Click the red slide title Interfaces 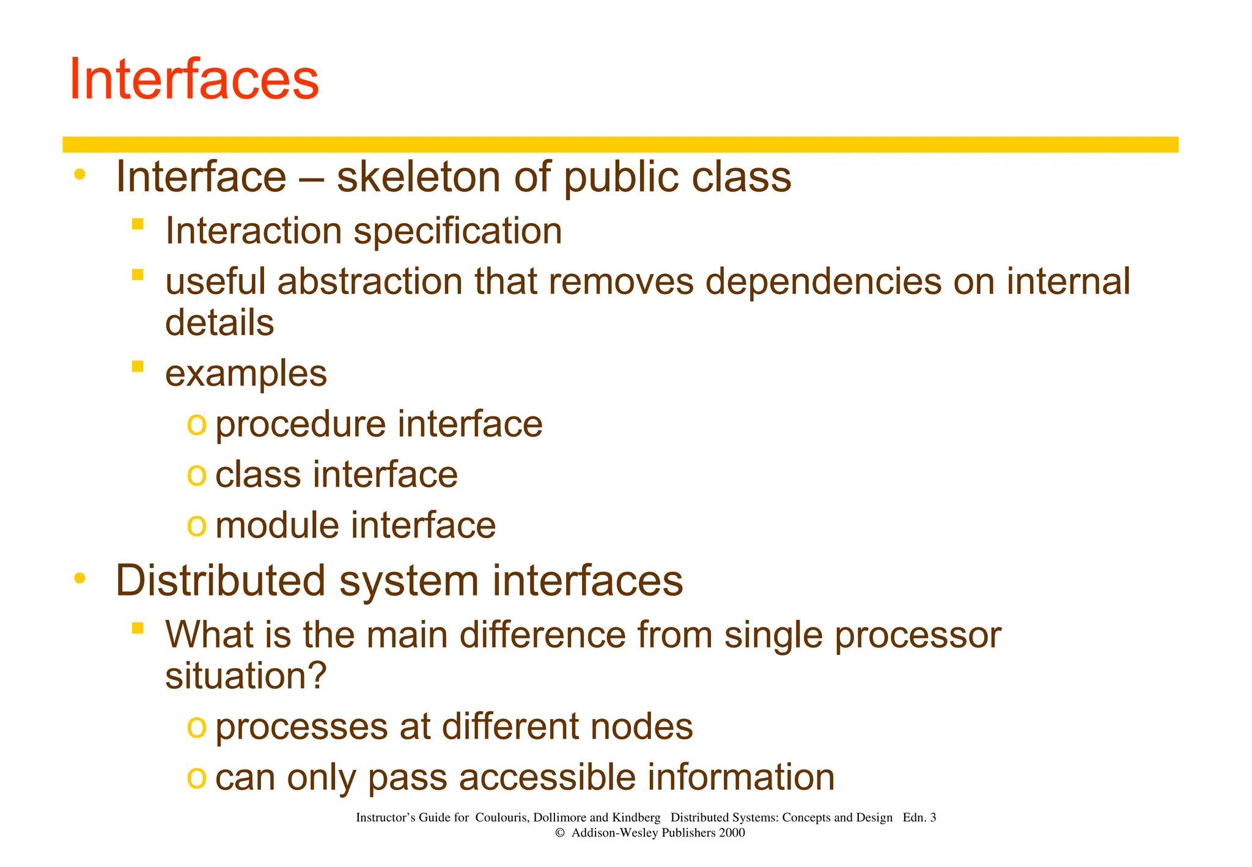click(194, 79)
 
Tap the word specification click(458, 232)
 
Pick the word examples click(246, 374)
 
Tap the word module click(277, 525)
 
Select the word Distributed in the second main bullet click(220, 580)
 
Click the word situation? click(246, 676)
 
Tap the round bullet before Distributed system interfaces click(79, 578)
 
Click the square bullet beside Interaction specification click(138, 224)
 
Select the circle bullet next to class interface click(196, 474)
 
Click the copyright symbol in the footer click(559, 833)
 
